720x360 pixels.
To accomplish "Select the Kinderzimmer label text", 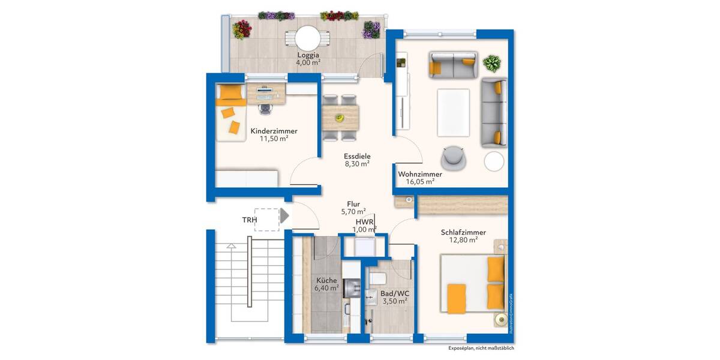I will click(274, 131).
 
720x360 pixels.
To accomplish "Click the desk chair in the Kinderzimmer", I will click(265, 106).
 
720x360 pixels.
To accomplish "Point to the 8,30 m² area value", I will click(356, 163).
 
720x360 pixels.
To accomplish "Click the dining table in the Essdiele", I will click(340, 118).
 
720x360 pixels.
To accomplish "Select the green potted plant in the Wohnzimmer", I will click(492, 63).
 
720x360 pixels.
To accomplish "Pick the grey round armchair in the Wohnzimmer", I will click(453, 157).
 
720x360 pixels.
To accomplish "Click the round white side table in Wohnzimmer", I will click(495, 161).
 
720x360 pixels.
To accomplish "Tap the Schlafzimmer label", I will click(463, 232).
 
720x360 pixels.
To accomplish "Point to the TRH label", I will click(250, 220).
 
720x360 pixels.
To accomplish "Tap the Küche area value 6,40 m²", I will click(326, 288).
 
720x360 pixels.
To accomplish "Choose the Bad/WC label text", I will click(394, 293).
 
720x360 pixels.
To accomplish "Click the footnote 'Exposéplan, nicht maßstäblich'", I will click(481, 348).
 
